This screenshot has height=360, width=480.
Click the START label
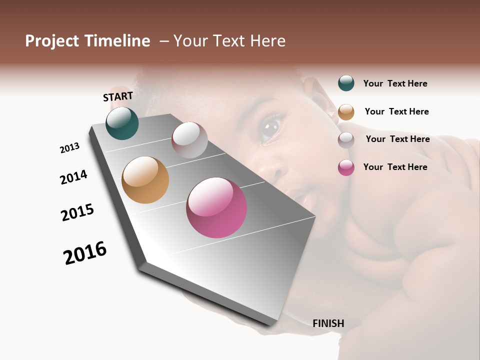[x=118, y=96]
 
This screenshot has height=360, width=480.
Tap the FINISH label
[x=328, y=323]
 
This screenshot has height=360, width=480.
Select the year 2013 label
[x=70, y=148]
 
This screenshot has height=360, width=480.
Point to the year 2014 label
[x=73, y=177]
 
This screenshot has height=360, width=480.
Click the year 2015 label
[x=77, y=212]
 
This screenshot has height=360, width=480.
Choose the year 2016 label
[x=85, y=253]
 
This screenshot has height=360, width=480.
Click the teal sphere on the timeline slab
[x=122, y=123]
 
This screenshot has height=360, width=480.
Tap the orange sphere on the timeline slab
[x=145, y=180]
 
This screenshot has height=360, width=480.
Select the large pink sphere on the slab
[x=216, y=207]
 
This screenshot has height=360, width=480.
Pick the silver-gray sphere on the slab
[x=189, y=140]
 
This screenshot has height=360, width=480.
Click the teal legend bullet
[x=346, y=83]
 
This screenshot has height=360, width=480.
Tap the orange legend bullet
[x=346, y=112]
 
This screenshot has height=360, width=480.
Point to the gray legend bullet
[x=346, y=140]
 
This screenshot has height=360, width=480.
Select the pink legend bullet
[x=346, y=168]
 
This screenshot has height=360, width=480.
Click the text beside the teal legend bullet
[x=395, y=83]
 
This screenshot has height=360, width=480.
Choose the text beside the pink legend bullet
[x=395, y=167]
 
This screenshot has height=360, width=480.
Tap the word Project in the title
[x=52, y=41]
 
